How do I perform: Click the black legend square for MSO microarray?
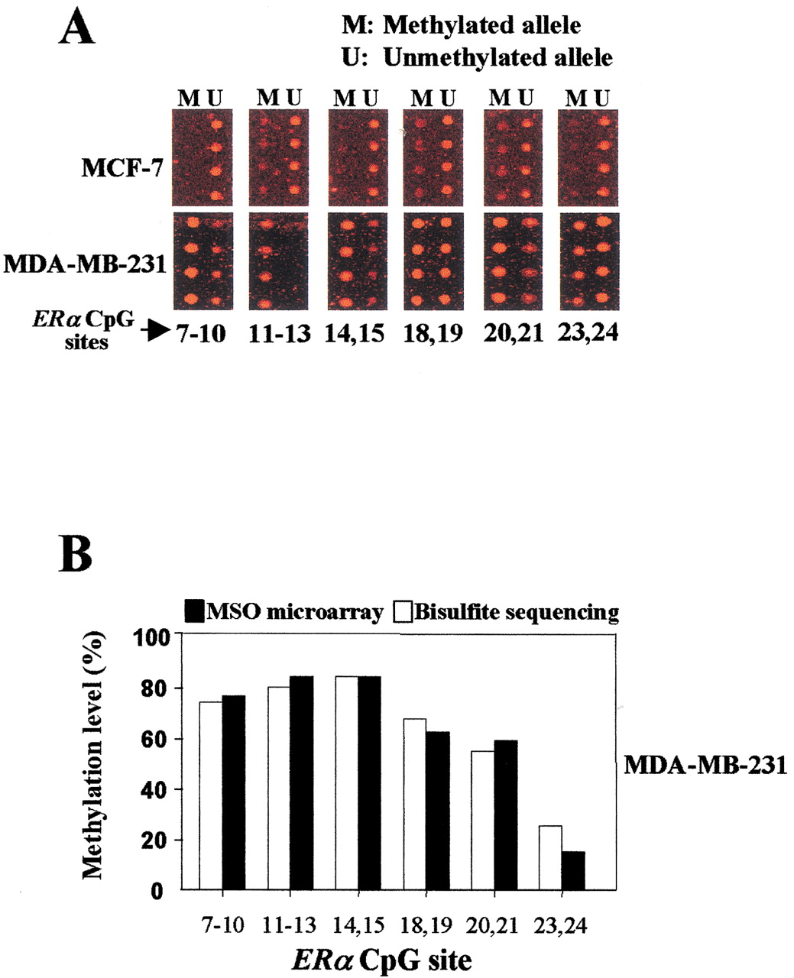194,611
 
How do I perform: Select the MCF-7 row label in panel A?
122,169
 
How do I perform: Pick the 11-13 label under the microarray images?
280,334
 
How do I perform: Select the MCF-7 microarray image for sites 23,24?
588,157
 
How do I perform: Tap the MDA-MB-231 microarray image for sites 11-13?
279,261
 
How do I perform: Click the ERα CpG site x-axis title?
381,960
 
